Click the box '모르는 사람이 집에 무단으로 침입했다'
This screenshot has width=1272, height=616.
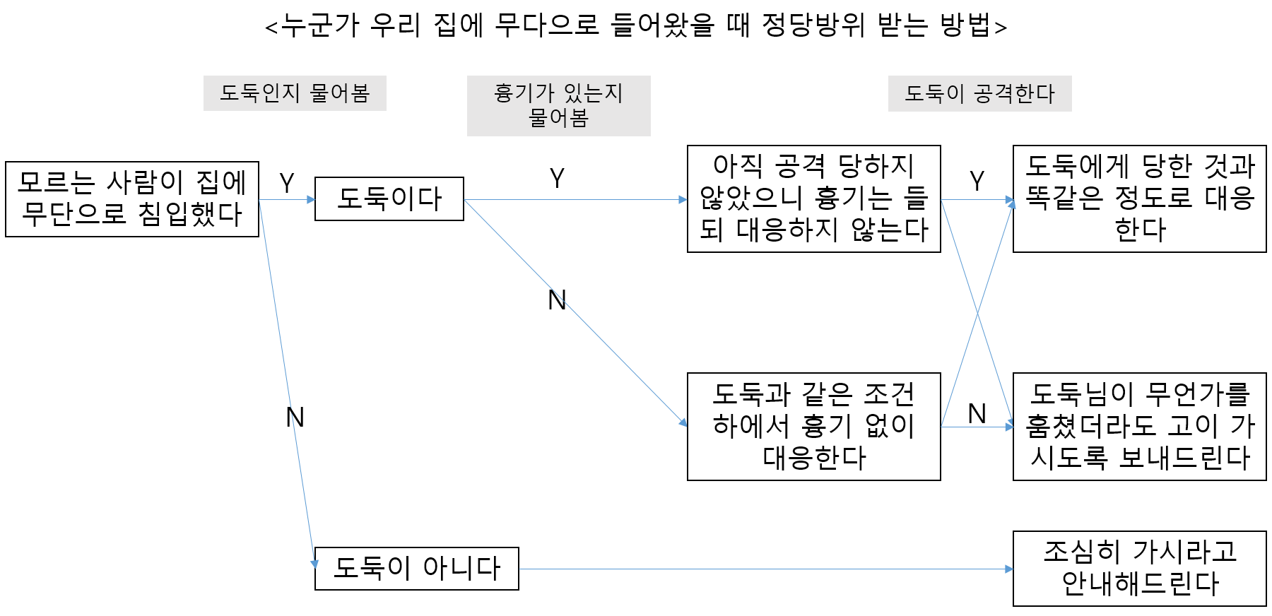click(131, 199)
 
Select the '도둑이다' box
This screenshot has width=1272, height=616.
click(389, 199)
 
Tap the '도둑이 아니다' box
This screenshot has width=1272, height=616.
click(416, 569)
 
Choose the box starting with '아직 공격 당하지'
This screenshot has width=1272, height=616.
click(813, 199)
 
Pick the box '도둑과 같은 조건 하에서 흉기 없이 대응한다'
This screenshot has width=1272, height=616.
click(813, 427)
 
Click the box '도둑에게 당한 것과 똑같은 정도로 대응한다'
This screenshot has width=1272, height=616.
click(1139, 199)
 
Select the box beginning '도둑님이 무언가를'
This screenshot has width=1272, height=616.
click(1139, 427)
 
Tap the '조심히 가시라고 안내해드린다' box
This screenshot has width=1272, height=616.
click(1139, 569)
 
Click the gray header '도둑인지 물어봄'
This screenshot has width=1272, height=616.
click(295, 93)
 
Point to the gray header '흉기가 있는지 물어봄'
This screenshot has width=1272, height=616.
click(558, 106)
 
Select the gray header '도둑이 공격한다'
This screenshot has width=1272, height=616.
click(979, 93)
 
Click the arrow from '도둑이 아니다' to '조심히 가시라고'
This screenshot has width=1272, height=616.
click(763, 569)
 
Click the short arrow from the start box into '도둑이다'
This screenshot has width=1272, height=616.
click(287, 200)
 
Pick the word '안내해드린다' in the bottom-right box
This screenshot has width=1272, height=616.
click(1141, 584)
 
